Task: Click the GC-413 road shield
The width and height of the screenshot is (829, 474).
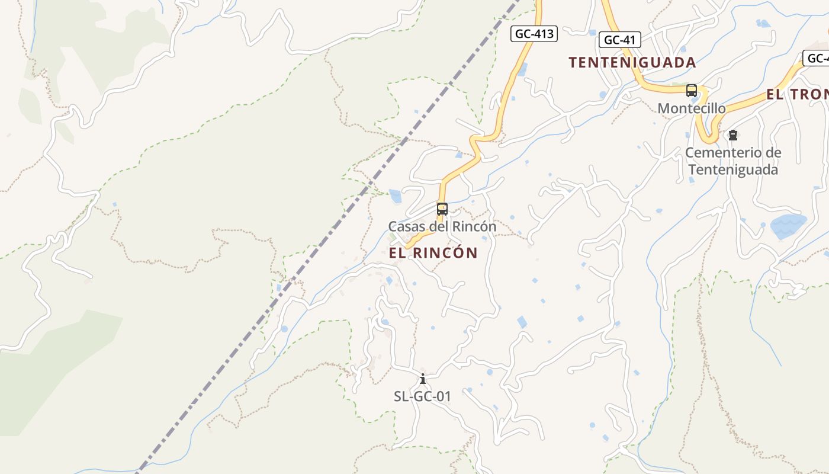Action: (x=534, y=34)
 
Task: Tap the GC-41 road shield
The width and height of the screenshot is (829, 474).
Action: (x=619, y=40)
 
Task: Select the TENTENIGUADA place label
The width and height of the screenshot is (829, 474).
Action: (x=632, y=62)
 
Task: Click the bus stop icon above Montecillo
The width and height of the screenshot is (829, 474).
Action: (x=691, y=91)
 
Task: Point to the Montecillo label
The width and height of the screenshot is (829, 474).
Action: (x=692, y=108)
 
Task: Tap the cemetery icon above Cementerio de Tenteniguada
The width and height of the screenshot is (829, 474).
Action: (x=733, y=135)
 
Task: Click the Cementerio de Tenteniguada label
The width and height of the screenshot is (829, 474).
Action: (x=733, y=161)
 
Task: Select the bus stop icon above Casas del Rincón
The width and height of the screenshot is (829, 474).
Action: (x=442, y=209)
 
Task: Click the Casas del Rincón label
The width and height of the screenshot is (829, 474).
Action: (x=442, y=226)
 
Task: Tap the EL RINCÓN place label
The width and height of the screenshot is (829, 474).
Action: (x=433, y=253)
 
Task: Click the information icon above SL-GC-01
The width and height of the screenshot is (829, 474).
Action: (x=422, y=379)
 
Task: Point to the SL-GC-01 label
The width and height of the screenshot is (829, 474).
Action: (x=422, y=396)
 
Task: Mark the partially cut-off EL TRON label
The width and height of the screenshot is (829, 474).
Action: (x=797, y=94)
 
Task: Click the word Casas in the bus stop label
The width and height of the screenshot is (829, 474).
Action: (x=404, y=226)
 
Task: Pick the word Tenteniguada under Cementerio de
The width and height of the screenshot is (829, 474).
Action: (x=733, y=170)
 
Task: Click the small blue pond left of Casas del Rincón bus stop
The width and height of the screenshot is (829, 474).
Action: (x=395, y=196)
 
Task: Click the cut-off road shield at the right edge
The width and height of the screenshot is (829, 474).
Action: (x=816, y=58)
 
